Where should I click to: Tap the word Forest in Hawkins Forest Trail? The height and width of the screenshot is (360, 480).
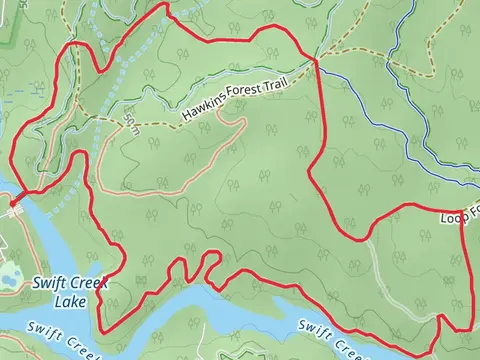coord(240,97)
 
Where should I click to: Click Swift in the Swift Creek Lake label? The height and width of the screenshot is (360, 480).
coord(48,283)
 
